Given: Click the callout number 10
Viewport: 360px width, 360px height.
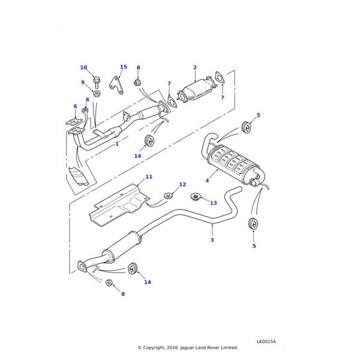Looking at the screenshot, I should tap(83, 67).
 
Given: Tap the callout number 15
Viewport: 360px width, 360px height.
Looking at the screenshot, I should tap(124, 67).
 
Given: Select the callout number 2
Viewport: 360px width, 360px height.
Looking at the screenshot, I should tap(195, 67).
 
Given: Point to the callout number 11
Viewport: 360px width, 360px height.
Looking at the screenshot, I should tap(149, 177).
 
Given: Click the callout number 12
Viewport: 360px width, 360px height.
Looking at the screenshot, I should tap(182, 184).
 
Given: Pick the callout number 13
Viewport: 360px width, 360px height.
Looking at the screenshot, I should tap(213, 203).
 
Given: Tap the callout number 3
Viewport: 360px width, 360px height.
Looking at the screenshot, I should tap(212, 240).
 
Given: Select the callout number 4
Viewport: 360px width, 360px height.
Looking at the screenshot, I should tap(207, 180).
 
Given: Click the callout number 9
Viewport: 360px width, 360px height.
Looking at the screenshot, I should tap(83, 82).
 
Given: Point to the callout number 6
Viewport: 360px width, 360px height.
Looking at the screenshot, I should tap(75, 106).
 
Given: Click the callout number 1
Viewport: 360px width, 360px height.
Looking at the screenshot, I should tap(117, 144).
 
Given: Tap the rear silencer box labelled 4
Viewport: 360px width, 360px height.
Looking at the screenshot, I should tap(234, 163).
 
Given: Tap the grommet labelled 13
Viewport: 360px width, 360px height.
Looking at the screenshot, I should tap(194, 197).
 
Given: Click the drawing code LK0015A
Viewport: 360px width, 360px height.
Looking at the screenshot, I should tap(266, 341).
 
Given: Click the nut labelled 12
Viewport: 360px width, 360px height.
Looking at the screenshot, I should tap(168, 196).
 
